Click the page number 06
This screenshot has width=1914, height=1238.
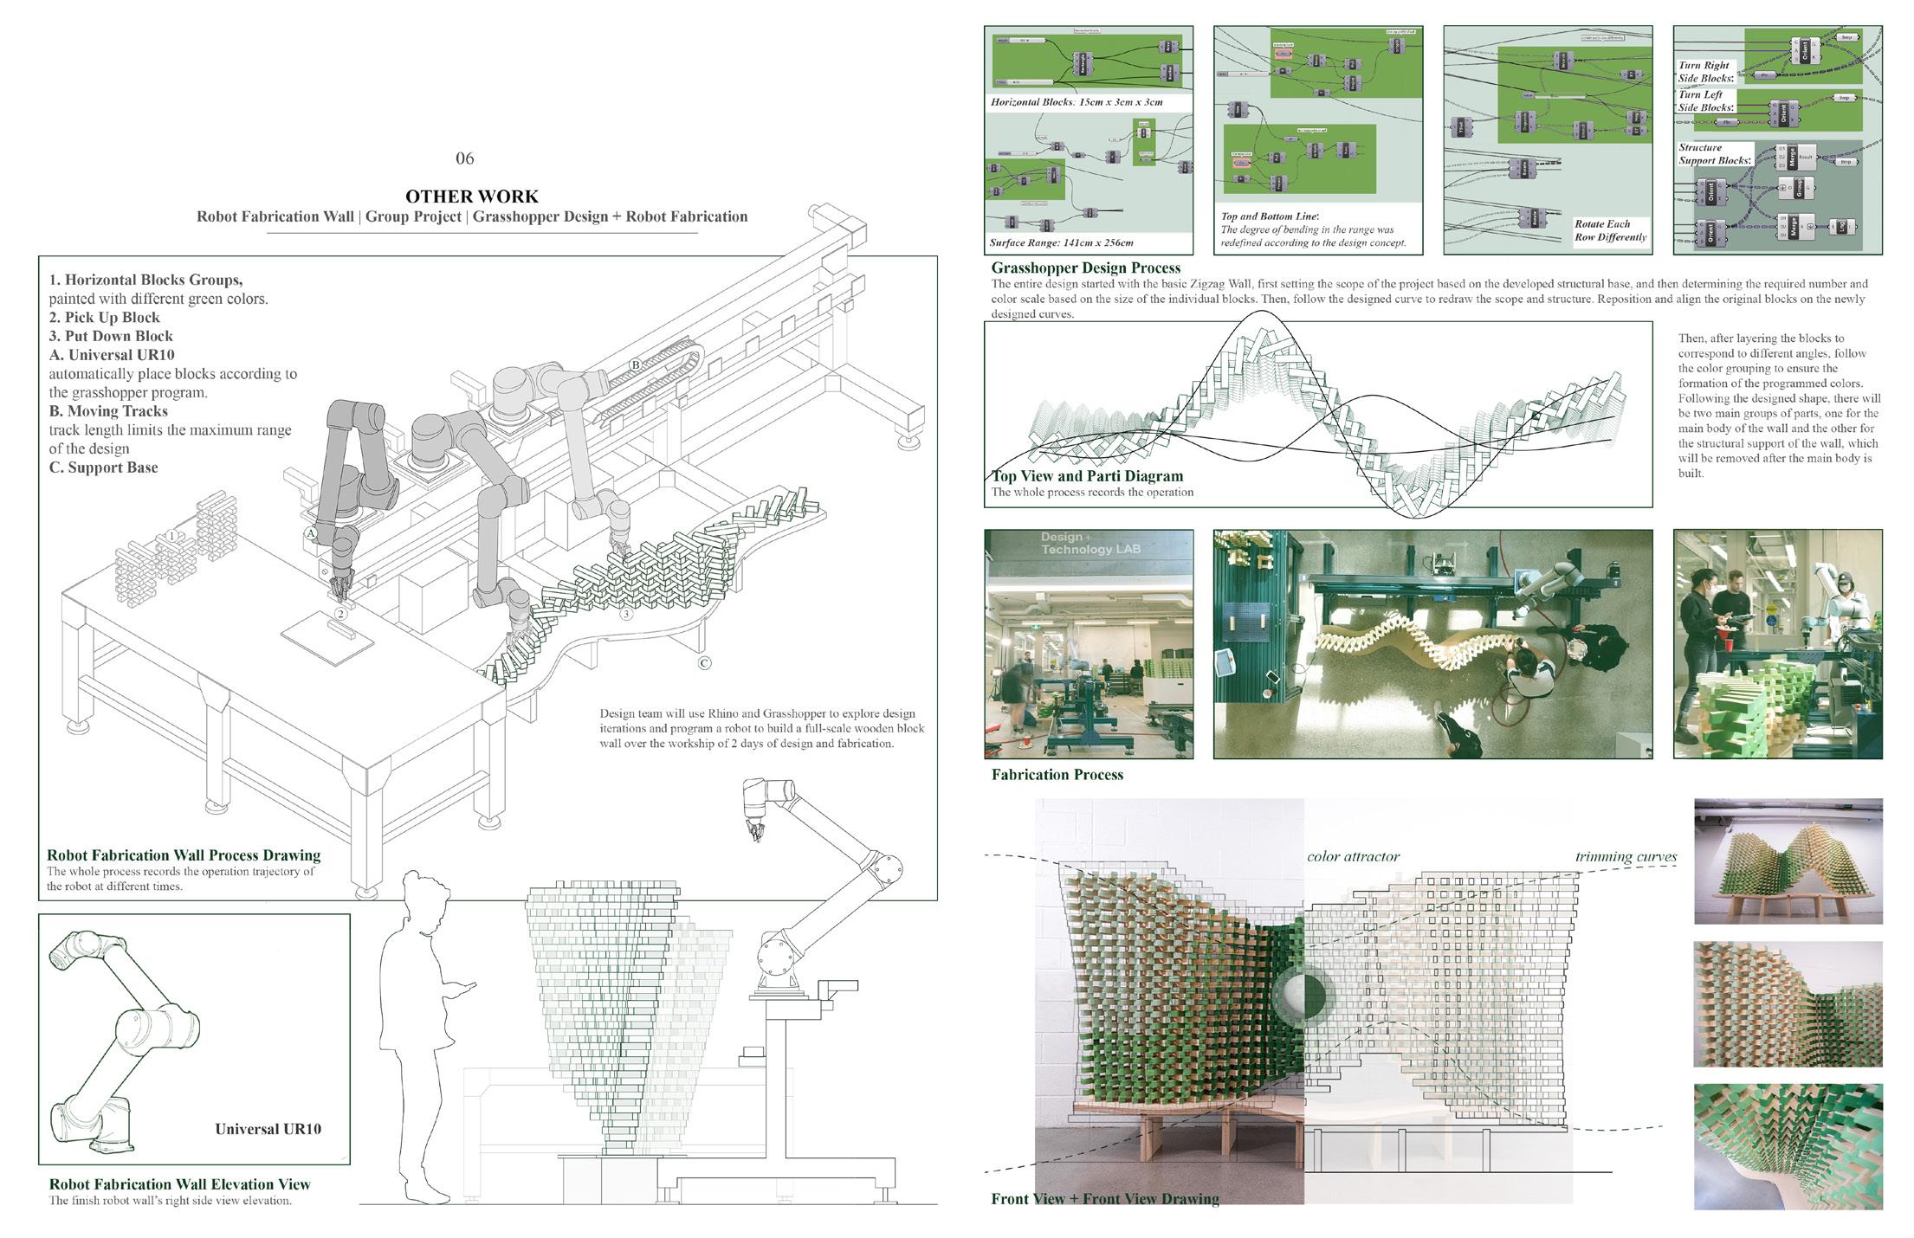point(464,158)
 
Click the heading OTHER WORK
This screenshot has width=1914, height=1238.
point(472,197)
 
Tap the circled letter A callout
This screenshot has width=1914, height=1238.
point(310,534)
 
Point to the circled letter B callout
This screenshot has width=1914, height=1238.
point(635,364)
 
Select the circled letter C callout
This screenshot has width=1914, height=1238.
point(704,663)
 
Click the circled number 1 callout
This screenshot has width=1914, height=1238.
point(172,537)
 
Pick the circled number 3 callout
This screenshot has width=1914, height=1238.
point(626,615)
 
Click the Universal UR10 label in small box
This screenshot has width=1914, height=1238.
point(268,1129)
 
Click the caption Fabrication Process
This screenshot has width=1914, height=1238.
point(1057,775)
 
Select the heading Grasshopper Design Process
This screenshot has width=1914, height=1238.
point(1085,268)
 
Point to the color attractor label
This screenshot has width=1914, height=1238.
point(1353,856)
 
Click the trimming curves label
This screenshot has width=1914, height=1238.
point(1626,856)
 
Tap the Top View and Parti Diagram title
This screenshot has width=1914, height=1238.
point(1087,476)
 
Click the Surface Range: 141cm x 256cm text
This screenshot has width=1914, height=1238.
point(1061,243)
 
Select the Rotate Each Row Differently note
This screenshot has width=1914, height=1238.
point(1610,230)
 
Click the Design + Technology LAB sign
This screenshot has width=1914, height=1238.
point(1090,544)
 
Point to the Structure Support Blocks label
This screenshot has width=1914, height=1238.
point(1714,154)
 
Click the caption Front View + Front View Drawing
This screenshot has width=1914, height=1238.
point(1104,1199)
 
